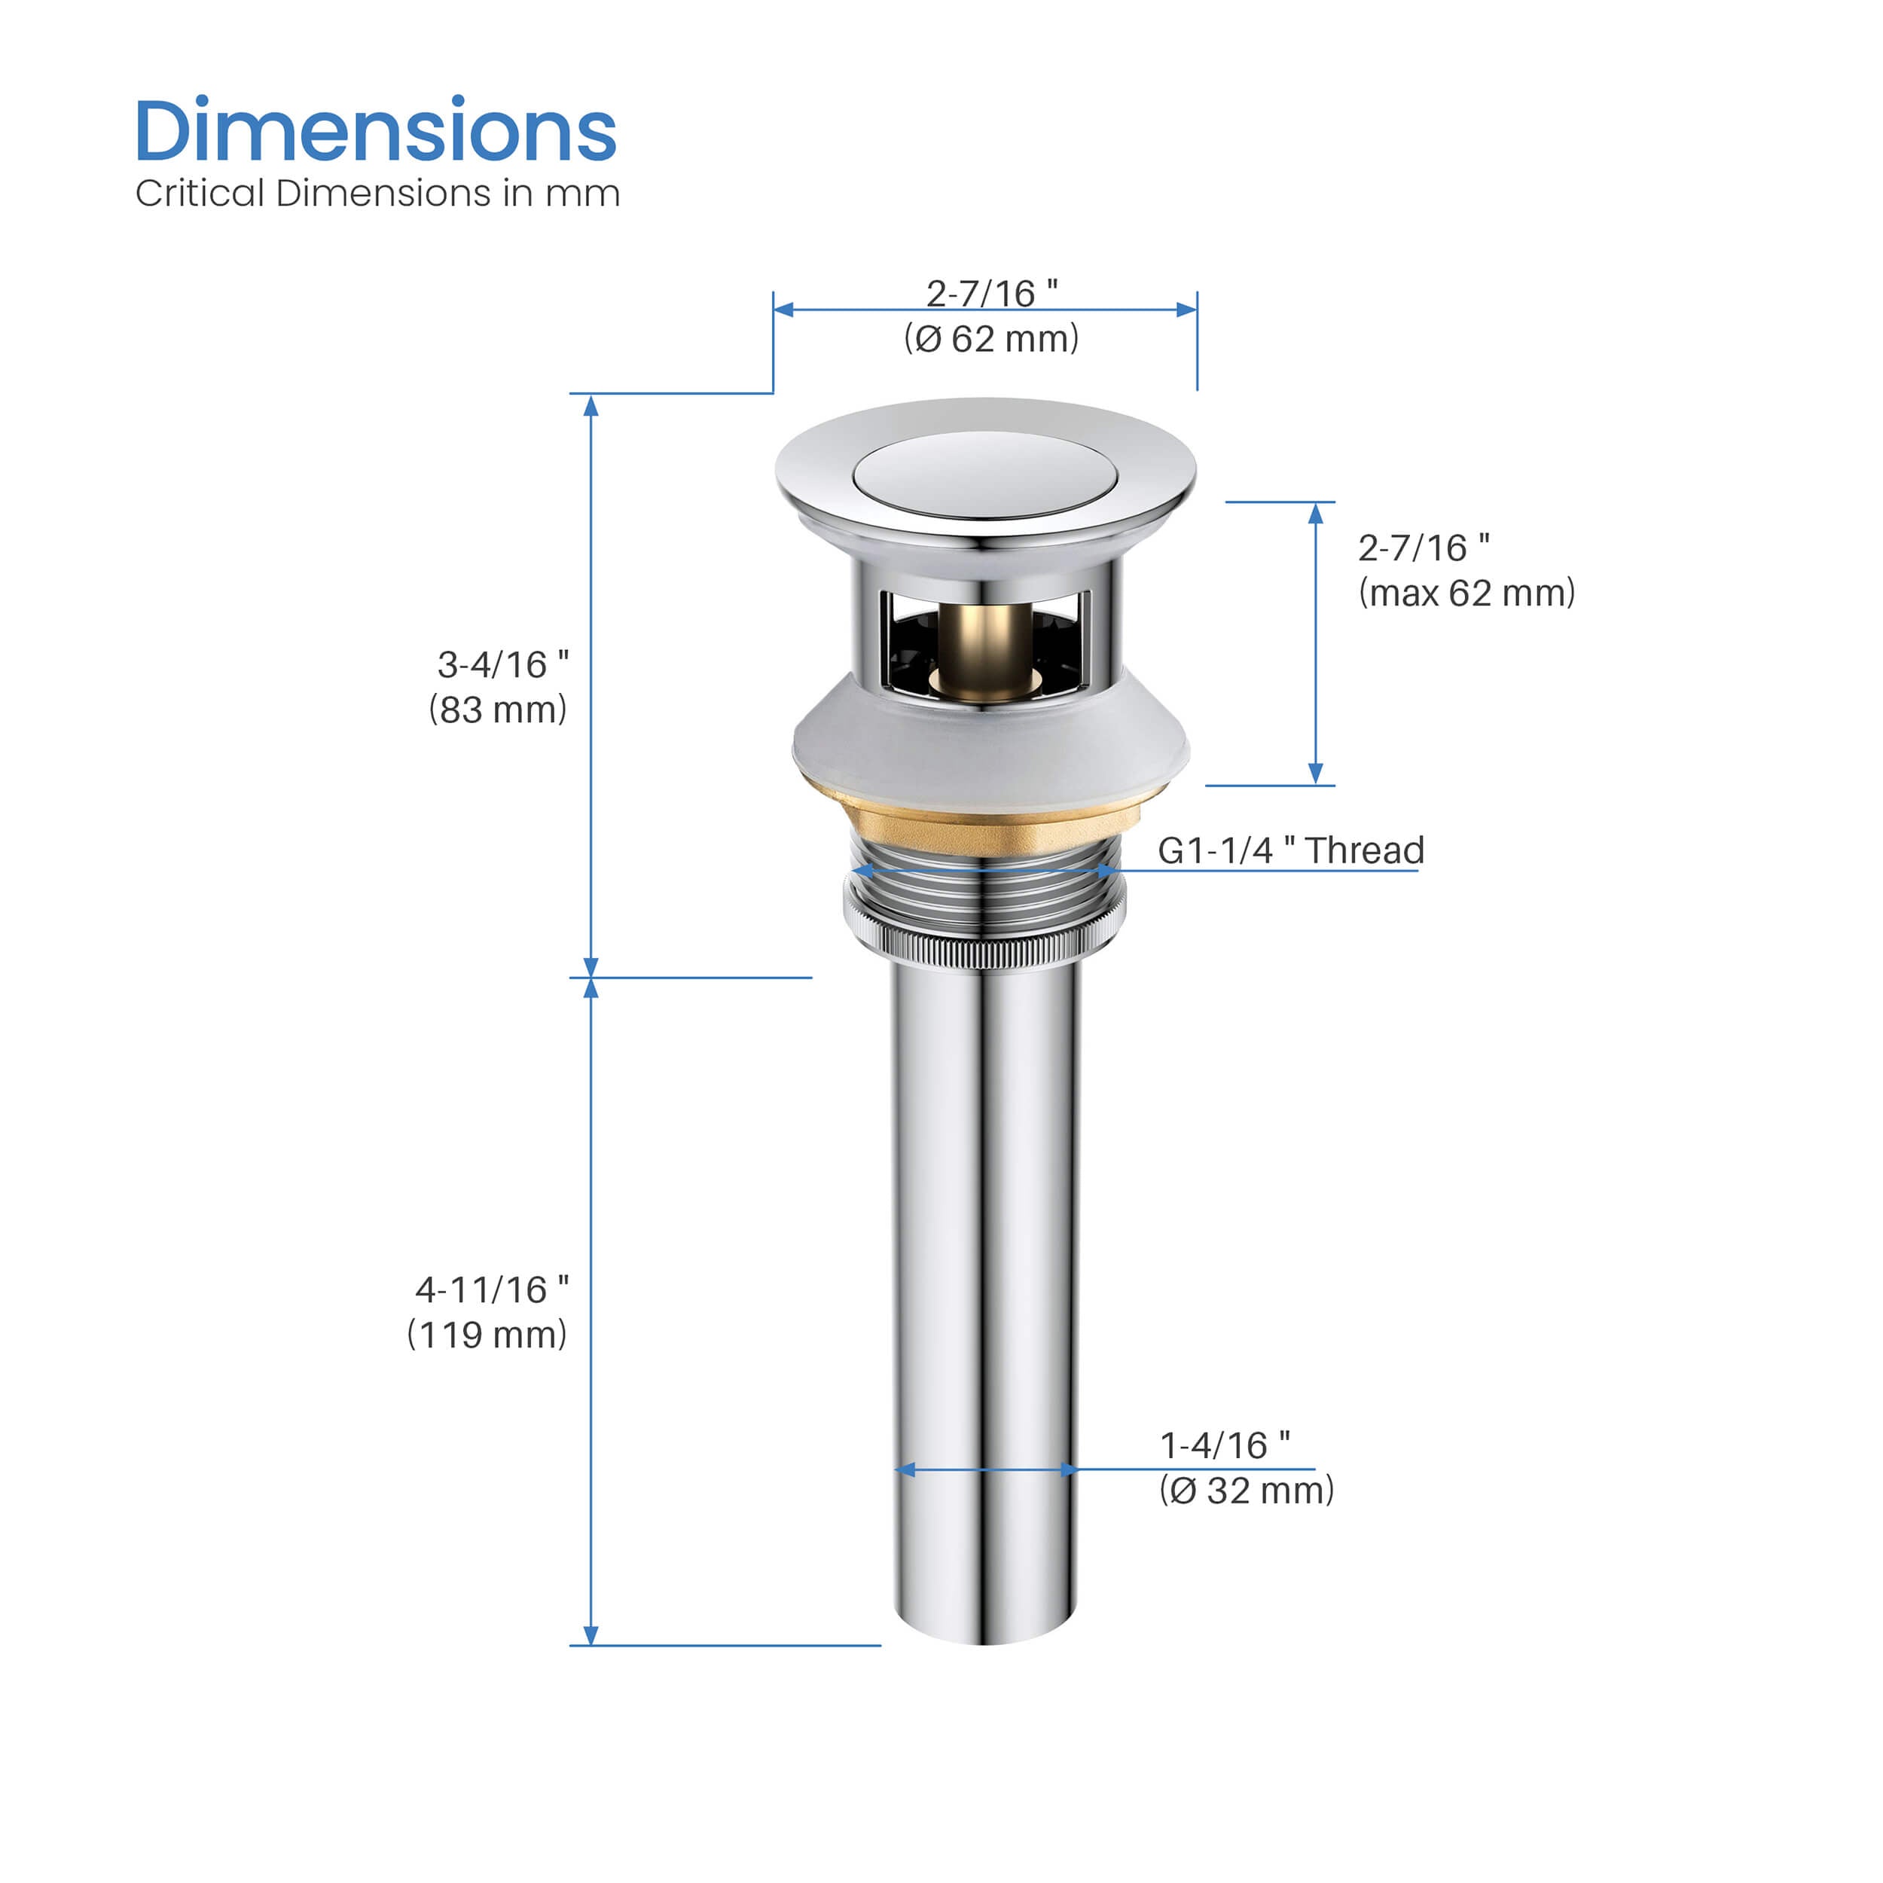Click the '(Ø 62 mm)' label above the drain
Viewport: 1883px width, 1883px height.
pos(991,338)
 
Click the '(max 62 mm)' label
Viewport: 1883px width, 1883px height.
pos(1466,593)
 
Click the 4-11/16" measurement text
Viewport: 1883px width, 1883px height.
pos(492,1289)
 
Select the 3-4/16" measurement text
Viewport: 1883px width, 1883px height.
pos(503,665)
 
